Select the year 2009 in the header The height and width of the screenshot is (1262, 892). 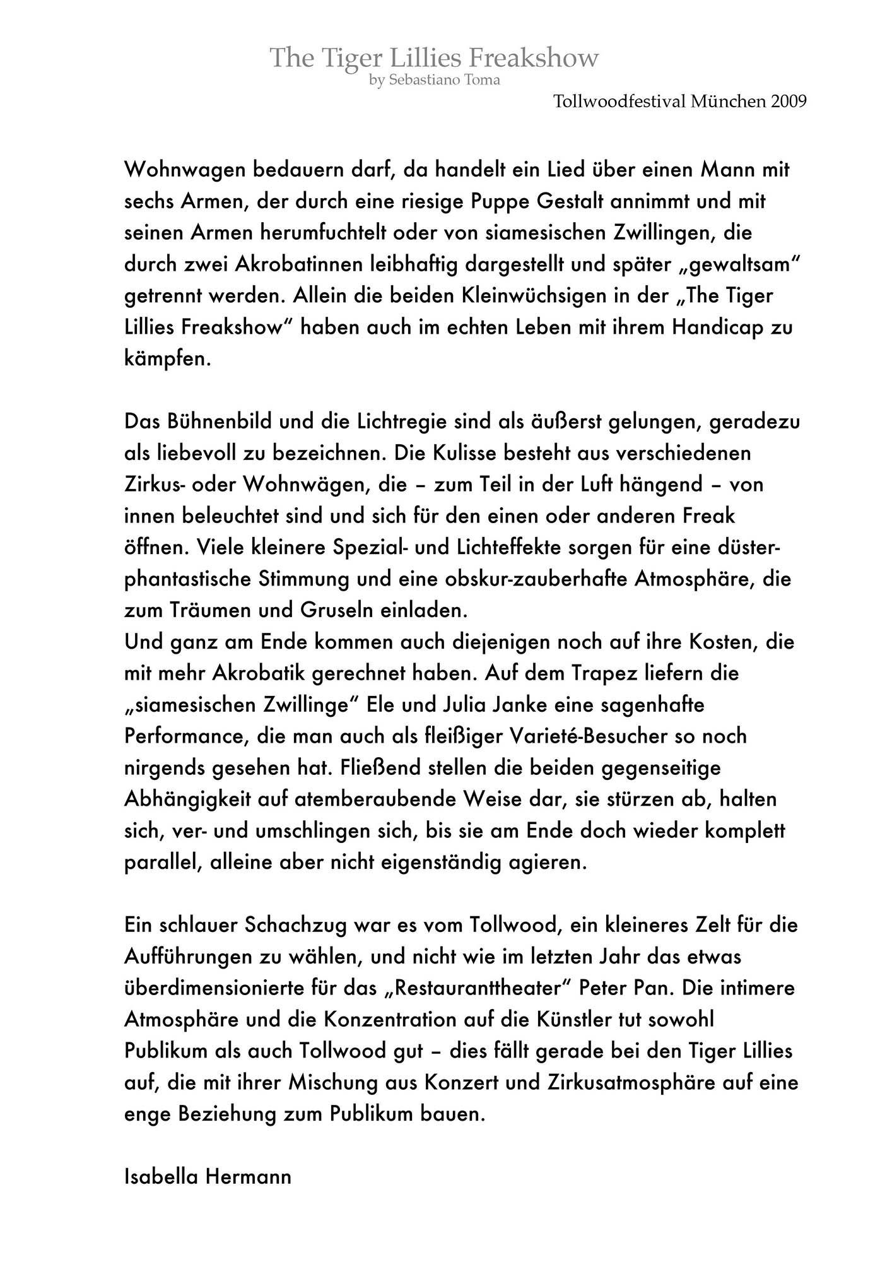789,102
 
